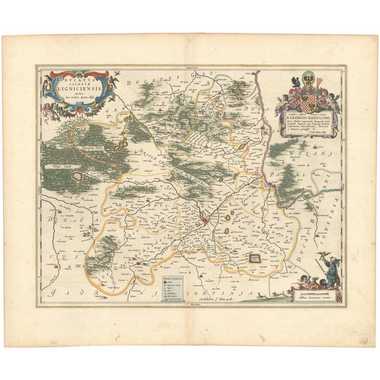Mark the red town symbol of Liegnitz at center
(x=204, y=221)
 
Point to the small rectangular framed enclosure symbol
(x=255, y=258)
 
